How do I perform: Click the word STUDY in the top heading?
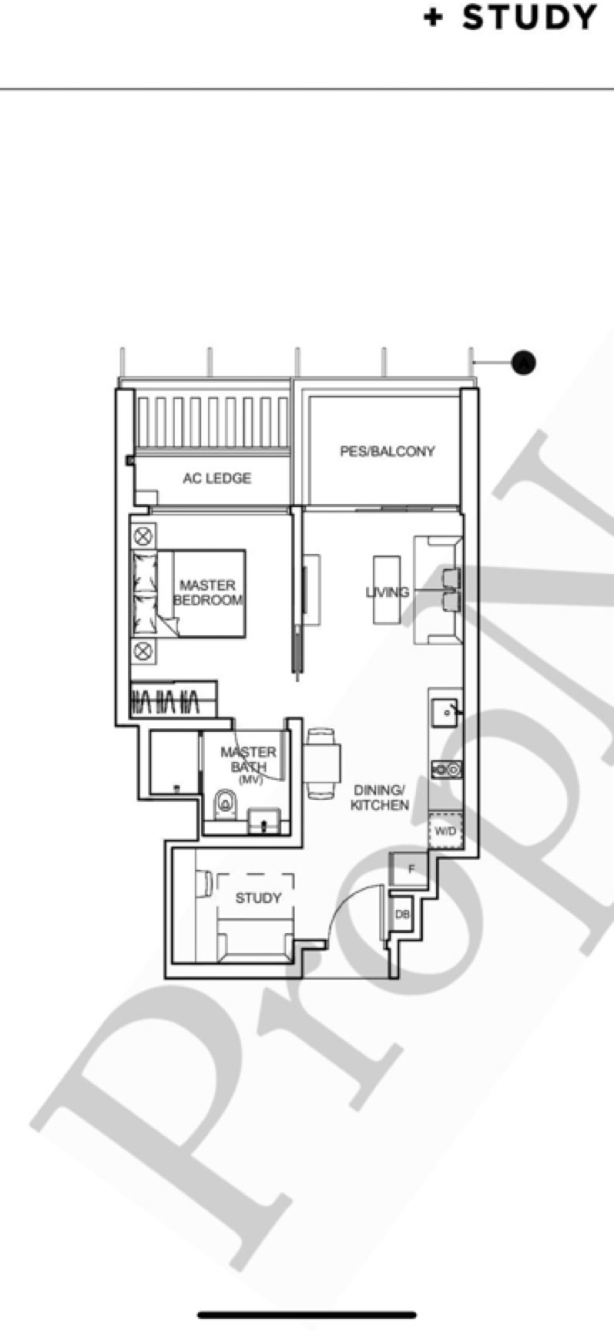530,18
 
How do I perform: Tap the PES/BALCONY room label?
387,451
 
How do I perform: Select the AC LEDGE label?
216,478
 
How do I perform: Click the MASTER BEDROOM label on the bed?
208,592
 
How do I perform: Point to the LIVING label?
387,592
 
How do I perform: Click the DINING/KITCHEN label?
379,797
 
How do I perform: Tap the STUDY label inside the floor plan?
258,898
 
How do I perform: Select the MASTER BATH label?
248,759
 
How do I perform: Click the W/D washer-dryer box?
444,830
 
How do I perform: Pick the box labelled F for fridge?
411,870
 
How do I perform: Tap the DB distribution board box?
402,914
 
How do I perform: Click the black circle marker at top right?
523,361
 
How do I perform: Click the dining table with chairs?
322,763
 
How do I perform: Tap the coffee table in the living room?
386,589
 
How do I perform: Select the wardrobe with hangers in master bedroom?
172,699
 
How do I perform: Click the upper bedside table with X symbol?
144,535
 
